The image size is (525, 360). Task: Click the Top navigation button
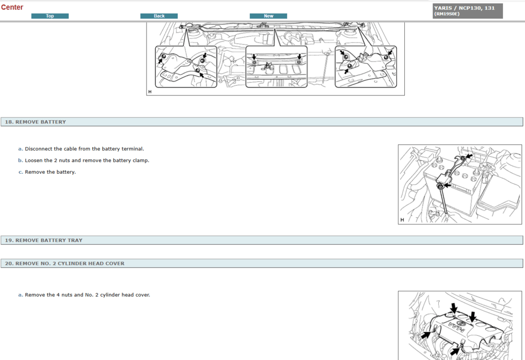[50, 16]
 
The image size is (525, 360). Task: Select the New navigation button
[268, 16]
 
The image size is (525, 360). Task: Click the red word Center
[12, 7]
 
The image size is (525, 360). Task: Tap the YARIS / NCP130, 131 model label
[464, 8]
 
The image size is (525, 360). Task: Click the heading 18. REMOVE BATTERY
[36, 122]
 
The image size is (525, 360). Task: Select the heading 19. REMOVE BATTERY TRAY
[44, 240]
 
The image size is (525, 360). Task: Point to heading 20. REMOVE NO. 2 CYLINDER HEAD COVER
[65, 263]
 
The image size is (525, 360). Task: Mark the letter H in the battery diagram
[402, 220]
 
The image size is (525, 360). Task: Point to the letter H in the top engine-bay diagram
[150, 92]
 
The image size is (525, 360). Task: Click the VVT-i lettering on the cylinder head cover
[457, 327]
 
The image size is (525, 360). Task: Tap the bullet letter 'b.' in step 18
[20, 161]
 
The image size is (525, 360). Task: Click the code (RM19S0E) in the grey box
[447, 14]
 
